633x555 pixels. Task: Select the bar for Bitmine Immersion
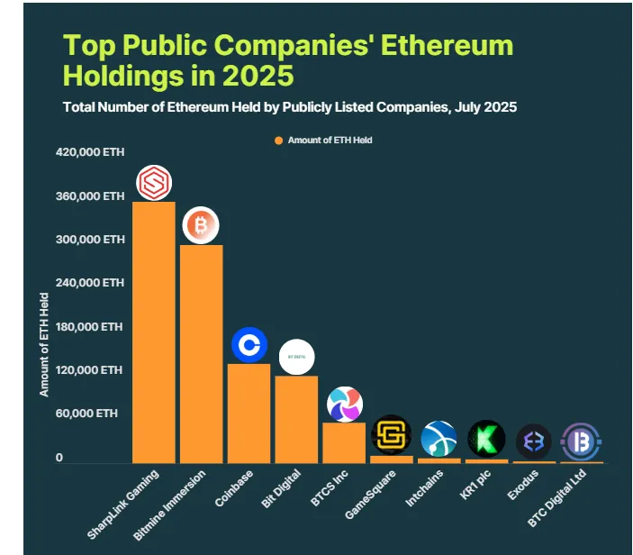click(202, 353)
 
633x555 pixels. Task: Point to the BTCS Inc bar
click(344, 442)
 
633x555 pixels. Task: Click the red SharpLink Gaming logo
click(154, 184)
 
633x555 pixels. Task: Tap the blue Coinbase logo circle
click(249, 344)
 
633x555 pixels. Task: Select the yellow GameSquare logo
click(391, 434)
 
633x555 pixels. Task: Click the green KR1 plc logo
click(486, 439)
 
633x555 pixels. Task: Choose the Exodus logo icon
click(534, 441)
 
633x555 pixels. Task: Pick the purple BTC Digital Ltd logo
click(582, 441)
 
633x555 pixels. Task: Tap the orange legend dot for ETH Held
click(279, 141)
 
